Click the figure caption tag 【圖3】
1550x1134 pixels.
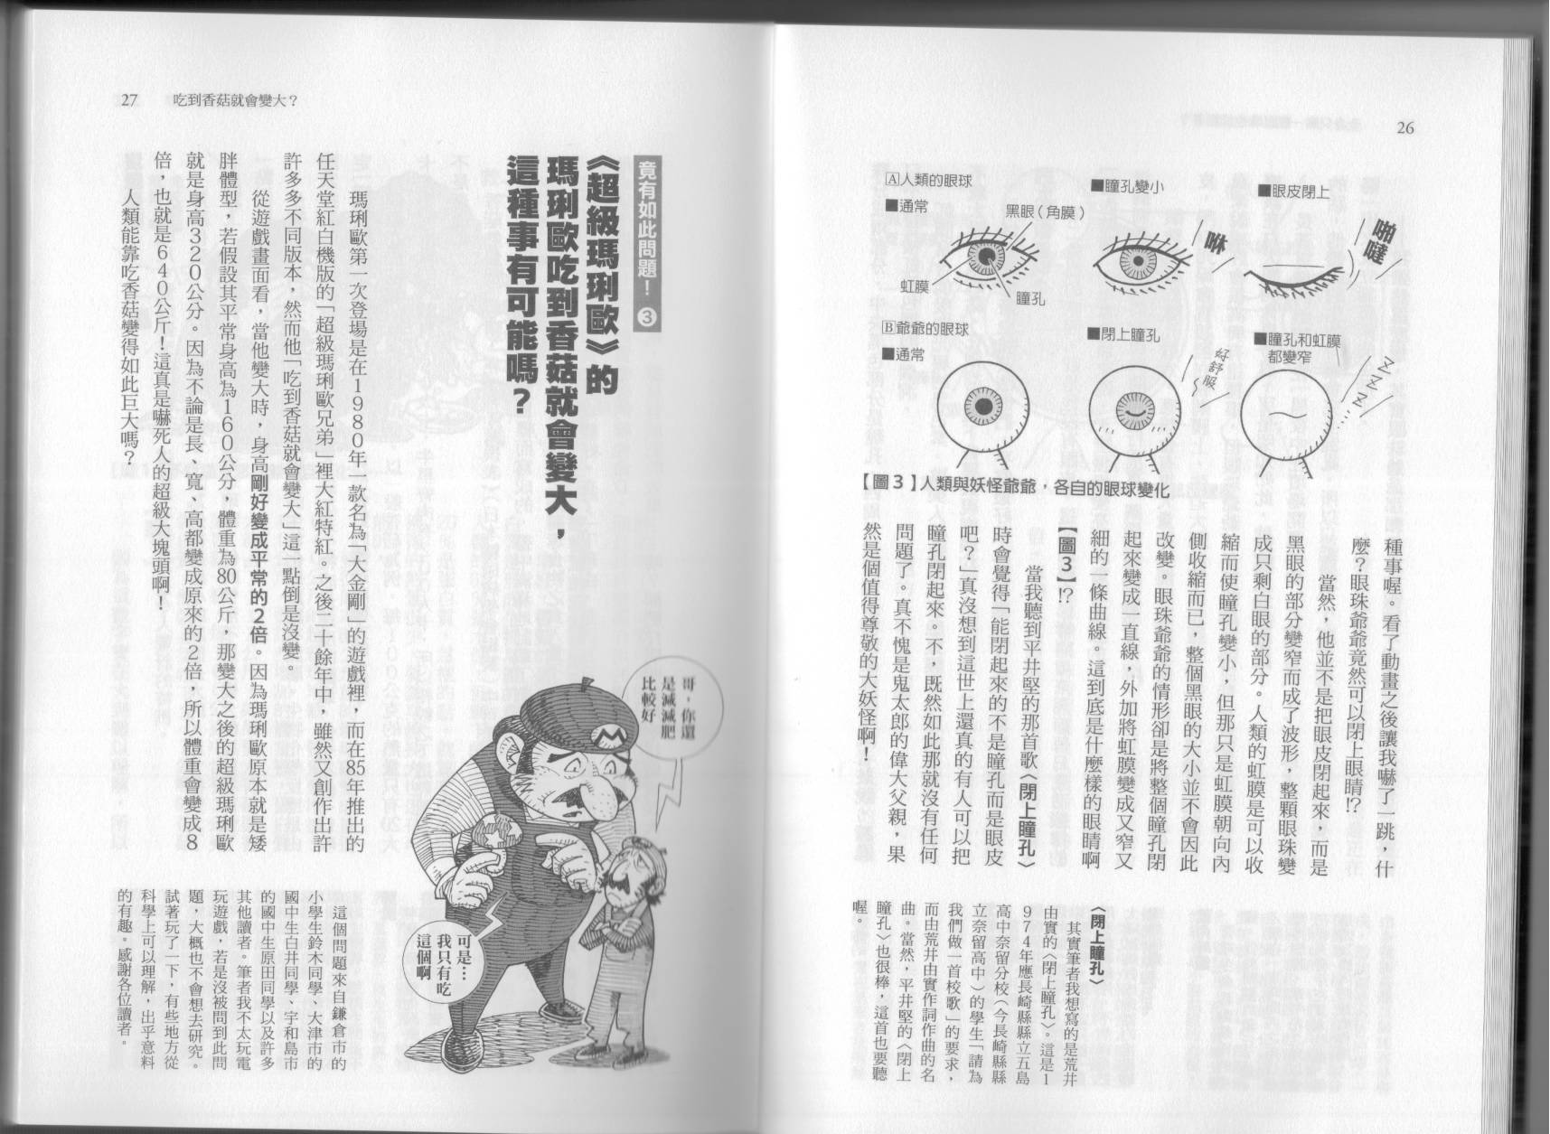884,487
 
